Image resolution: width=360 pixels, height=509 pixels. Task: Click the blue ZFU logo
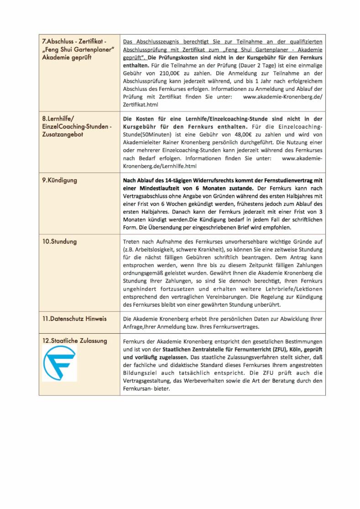(x=59, y=363)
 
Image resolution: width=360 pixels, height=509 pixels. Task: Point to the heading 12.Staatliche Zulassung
(x=74, y=341)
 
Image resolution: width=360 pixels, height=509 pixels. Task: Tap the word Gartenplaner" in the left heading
(x=93, y=50)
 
